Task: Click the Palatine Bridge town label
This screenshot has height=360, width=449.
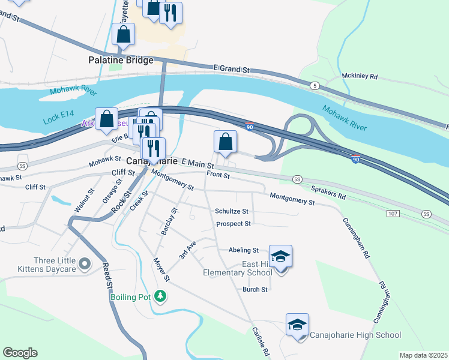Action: [121, 61]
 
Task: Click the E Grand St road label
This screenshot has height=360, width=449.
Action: [231, 70]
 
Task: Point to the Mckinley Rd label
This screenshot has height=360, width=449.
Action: [359, 77]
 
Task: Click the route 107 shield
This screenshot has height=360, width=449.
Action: [393, 214]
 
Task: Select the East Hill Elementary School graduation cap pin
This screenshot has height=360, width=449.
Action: [280, 257]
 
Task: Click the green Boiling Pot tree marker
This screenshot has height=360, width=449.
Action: [160, 296]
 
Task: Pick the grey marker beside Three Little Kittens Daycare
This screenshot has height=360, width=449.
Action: [85, 263]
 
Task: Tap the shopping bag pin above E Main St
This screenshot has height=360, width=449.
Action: [225, 142]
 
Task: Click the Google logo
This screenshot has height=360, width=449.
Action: [20, 353]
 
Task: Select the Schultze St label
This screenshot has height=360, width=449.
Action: [232, 211]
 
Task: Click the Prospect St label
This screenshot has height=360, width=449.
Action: [233, 224]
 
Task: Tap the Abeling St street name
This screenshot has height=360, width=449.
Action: [243, 250]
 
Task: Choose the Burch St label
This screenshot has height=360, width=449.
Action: [255, 289]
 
